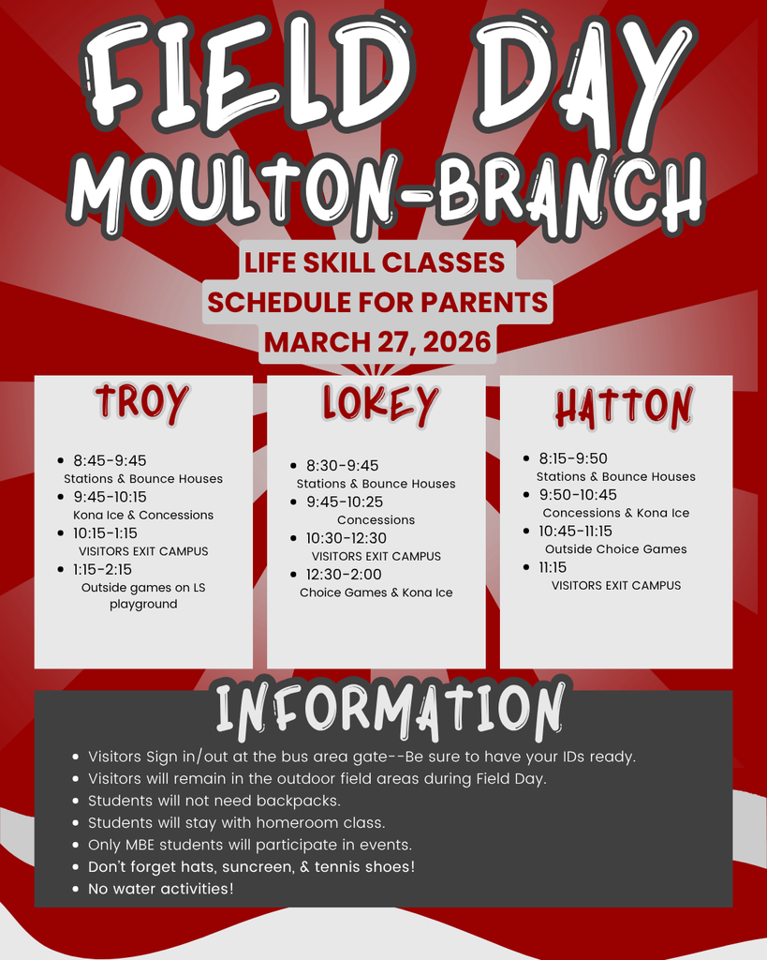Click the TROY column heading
(142, 403)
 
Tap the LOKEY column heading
(380, 404)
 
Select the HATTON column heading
(624, 407)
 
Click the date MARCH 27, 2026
(377, 341)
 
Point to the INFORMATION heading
(390, 710)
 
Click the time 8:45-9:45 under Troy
(111, 460)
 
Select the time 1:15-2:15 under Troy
(103, 569)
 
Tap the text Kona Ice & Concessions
(143, 515)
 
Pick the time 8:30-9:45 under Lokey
(343, 465)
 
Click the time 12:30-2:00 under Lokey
(344, 575)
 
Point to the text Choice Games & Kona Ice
(376, 592)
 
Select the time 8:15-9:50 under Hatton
(573, 457)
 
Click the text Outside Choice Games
(616, 549)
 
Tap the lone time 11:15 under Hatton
(553, 567)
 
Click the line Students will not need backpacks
(214, 801)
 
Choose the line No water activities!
(161, 889)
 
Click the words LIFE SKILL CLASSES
(375, 262)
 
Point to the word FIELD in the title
(244, 79)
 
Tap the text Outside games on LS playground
(143, 595)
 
